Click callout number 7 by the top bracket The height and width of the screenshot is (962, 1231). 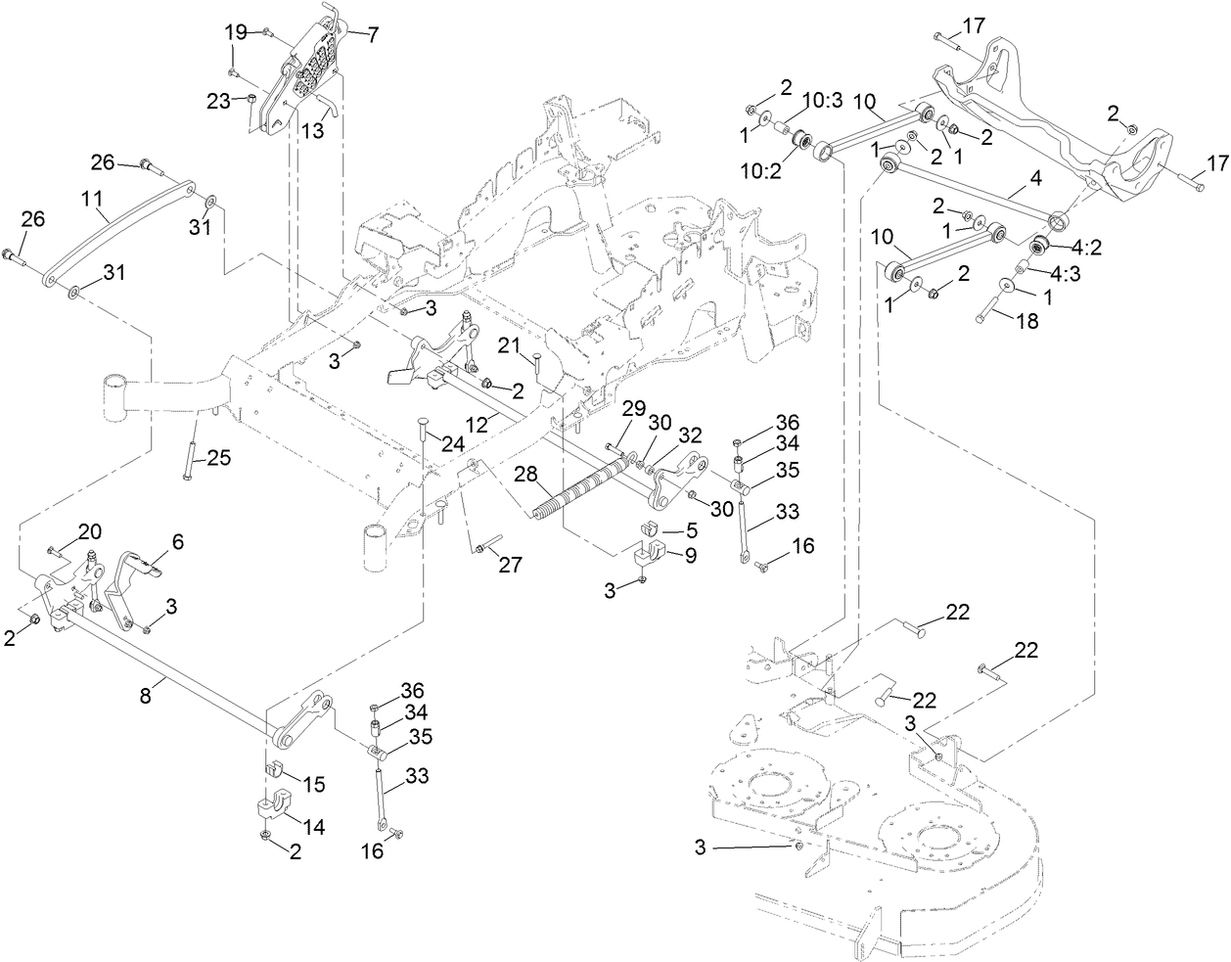click(373, 34)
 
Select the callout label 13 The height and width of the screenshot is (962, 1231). click(312, 129)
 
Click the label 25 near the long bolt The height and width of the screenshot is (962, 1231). click(219, 456)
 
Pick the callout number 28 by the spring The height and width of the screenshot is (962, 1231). click(526, 474)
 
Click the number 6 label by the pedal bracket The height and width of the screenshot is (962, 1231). click(177, 540)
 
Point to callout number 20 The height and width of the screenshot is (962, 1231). click(90, 531)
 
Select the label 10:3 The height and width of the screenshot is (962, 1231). click(823, 100)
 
